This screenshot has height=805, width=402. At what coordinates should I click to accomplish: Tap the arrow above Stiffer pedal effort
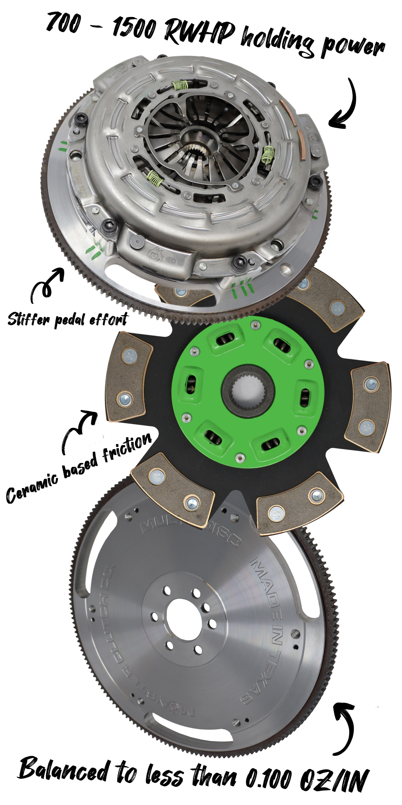coord(47,284)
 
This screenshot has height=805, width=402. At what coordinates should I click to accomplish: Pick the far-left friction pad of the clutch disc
coord(128,377)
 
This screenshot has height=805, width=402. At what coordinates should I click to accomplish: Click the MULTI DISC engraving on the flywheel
coord(190,527)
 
